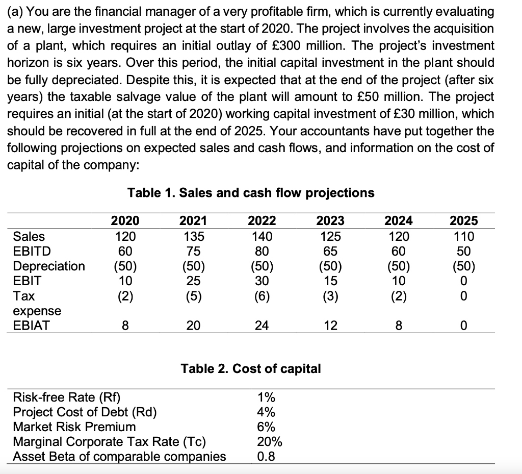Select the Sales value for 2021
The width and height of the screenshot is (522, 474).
193,236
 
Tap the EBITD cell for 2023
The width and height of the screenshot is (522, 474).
330,251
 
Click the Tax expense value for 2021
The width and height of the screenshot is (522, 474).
193,295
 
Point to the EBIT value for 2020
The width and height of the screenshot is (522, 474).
125,281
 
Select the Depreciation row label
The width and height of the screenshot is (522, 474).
49,266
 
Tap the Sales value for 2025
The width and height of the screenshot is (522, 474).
464,236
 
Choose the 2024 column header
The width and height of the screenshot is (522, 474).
399,221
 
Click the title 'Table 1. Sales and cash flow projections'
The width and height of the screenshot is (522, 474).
250,193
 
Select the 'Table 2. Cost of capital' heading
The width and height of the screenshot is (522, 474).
251,369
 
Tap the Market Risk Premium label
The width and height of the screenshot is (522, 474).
74,427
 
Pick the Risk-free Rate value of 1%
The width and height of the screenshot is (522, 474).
265,397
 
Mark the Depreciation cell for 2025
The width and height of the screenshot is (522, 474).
464,266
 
